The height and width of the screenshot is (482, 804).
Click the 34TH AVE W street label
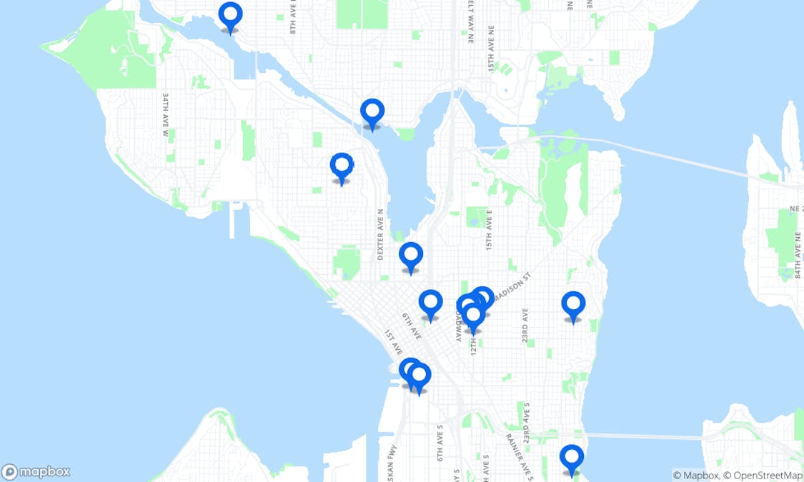tap(165, 114)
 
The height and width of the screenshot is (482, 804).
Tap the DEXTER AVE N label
tap(381, 234)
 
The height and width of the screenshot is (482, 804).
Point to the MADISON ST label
tap(512, 288)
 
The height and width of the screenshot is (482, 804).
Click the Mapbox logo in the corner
tap(36, 472)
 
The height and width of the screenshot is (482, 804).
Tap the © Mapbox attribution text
tap(695, 476)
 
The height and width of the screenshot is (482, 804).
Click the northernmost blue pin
tap(229, 15)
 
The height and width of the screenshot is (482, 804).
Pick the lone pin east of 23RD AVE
tap(573, 305)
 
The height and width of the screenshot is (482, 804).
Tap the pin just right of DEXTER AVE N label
tap(411, 255)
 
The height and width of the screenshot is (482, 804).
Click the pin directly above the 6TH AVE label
tap(430, 303)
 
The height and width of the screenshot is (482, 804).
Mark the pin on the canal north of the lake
tap(372, 112)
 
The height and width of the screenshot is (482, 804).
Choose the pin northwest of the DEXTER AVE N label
tap(342, 166)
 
